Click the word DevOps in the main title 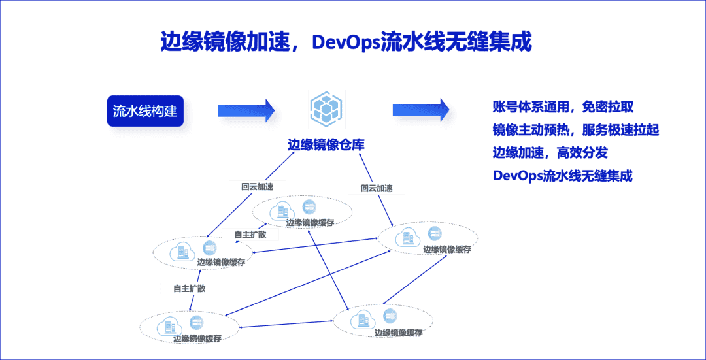point(345,42)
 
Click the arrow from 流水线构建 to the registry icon point(248,111)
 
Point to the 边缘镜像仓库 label point(326,145)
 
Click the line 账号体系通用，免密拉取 point(563,107)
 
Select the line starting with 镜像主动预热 point(575,130)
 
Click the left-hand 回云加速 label point(257,187)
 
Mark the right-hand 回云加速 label point(376,188)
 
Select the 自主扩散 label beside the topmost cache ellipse point(250,235)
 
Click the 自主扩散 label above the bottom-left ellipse point(190,288)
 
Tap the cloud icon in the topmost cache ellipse point(282,210)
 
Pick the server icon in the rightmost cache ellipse point(434,234)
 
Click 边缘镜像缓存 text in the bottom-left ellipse point(197,338)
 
